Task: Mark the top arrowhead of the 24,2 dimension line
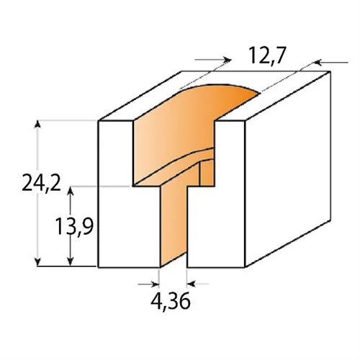point(37,124)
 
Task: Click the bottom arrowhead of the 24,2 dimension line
point(37,262)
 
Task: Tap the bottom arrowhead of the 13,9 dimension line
point(70,262)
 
